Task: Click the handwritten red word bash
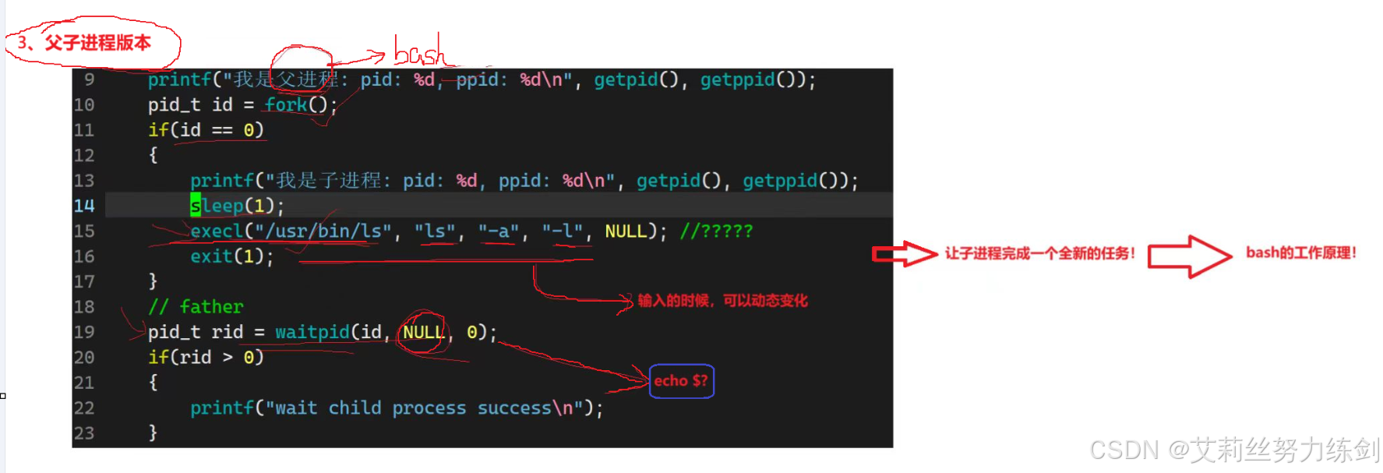[x=419, y=51]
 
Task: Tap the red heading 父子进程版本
[x=97, y=43]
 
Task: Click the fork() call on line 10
[x=300, y=104]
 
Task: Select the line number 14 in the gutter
[x=84, y=206]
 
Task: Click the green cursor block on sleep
[x=196, y=206]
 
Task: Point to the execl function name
[x=217, y=231]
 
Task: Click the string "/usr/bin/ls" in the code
[x=323, y=231]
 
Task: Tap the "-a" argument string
[x=499, y=231]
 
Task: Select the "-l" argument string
[x=563, y=231]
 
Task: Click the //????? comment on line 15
[x=716, y=231]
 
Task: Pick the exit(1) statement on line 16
[x=231, y=256]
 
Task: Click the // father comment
[x=196, y=307]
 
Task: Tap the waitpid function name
[x=312, y=332]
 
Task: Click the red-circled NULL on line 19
[x=423, y=332]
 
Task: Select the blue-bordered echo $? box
[x=681, y=381]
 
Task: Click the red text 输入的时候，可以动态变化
[x=722, y=301]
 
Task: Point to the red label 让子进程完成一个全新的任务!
[x=1039, y=253]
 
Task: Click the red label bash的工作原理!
[x=1301, y=252]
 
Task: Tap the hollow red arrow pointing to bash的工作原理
[x=1189, y=256]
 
